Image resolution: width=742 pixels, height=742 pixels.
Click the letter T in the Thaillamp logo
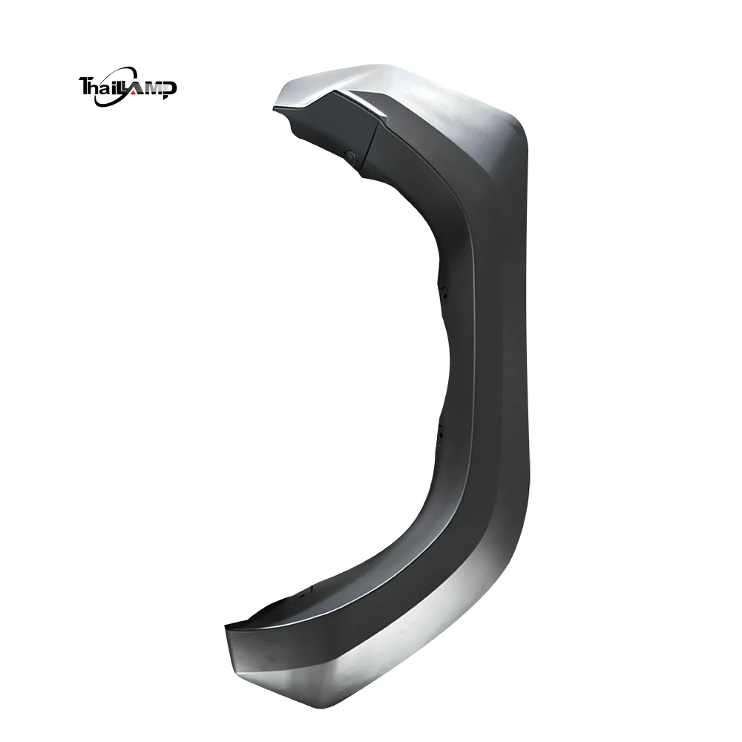click(x=85, y=86)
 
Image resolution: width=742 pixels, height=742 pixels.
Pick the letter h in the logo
click(x=99, y=88)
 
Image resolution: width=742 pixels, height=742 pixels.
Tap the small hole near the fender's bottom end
click(x=303, y=596)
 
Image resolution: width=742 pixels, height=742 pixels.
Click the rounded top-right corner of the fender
click(x=512, y=119)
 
